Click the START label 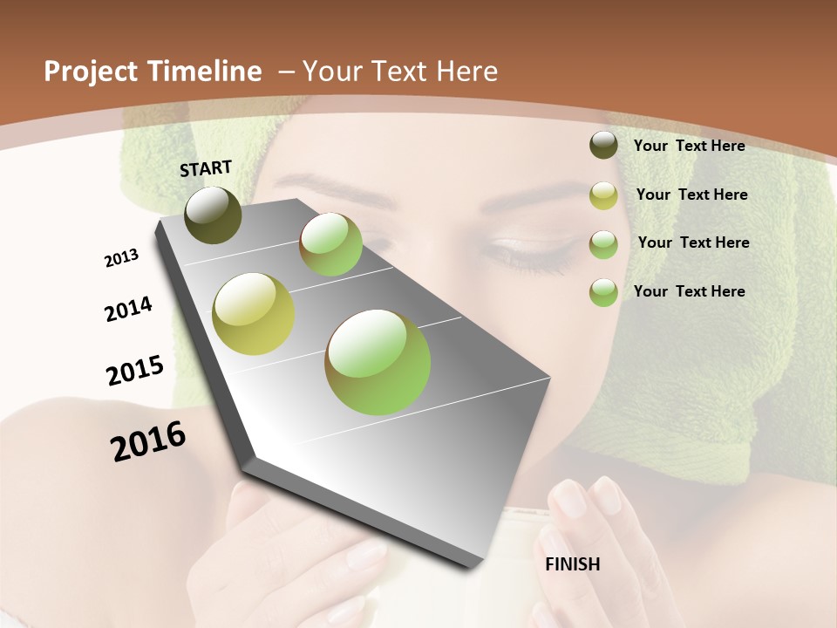(x=206, y=168)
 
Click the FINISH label (x=572, y=564)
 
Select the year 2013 (x=121, y=258)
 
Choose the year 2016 (x=148, y=441)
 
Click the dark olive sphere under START (x=213, y=215)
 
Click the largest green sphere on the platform (x=378, y=362)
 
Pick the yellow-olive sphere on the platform (x=254, y=314)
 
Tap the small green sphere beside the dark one (x=330, y=244)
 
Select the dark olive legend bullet (x=603, y=146)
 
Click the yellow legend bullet (x=603, y=195)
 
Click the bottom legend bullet (x=603, y=292)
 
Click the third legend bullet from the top (x=603, y=244)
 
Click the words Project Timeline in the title (x=153, y=72)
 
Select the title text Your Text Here (x=400, y=72)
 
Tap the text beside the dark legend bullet (x=689, y=146)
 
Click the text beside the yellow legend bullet (x=691, y=195)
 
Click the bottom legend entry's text (x=689, y=291)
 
